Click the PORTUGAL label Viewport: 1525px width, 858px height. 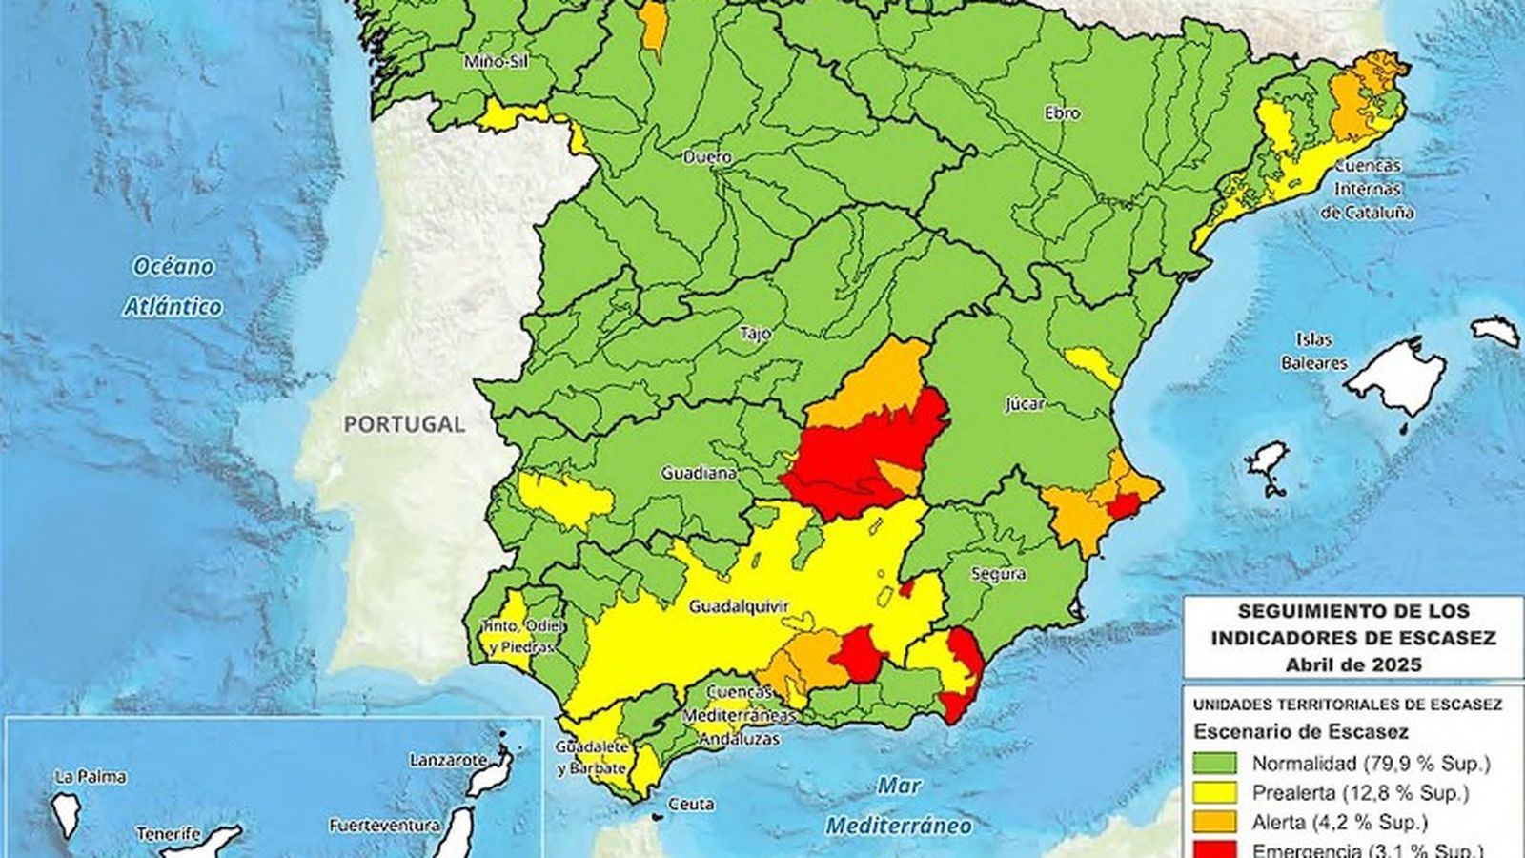coord(404,423)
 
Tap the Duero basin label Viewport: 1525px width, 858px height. coord(707,156)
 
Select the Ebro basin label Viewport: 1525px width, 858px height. coord(1062,113)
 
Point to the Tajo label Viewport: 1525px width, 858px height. coord(756,334)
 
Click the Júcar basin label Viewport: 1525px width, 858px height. coord(1026,403)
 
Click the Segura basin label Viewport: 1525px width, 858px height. coord(999,574)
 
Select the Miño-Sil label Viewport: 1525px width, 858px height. coord(496,63)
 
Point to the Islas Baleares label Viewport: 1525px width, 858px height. coord(1314,351)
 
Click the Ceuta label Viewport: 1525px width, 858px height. coord(691,805)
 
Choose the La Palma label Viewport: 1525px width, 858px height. coord(91,777)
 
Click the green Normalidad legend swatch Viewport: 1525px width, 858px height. coord(1214,763)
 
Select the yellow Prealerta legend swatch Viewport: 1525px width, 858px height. coord(1214,791)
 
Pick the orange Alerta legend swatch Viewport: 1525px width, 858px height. coord(1214,821)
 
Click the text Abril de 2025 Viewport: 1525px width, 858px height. coord(1352,664)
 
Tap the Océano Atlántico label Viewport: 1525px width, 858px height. coord(173,286)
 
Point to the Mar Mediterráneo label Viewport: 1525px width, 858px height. coord(899,806)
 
